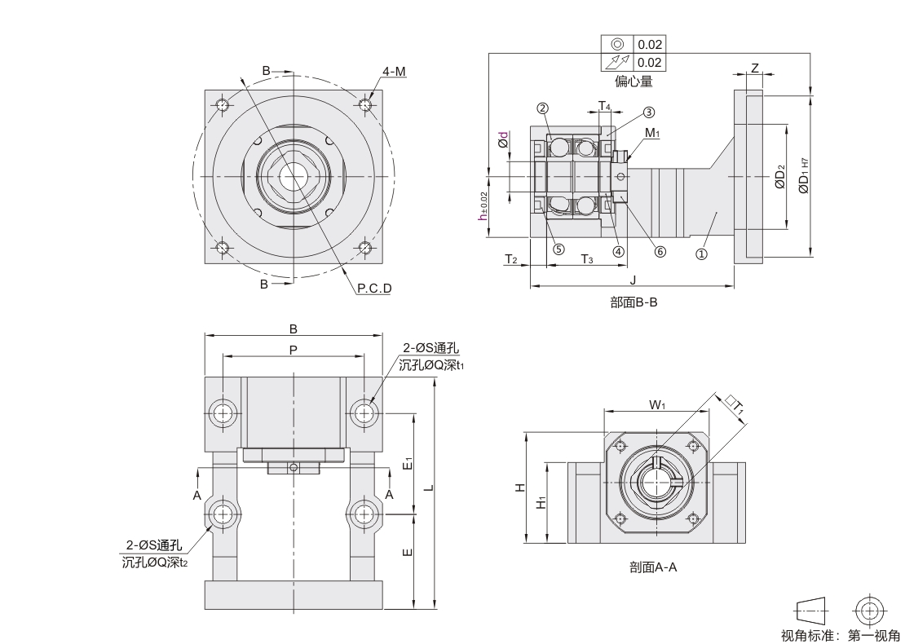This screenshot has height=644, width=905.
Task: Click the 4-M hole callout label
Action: tap(395, 72)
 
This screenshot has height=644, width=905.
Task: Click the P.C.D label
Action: tap(374, 288)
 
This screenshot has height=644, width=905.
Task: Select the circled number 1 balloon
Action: tap(701, 254)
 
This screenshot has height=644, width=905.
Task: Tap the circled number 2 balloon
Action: tap(541, 108)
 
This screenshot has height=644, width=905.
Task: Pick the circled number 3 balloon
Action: tap(649, 112)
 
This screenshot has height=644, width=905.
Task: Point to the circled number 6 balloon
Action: tap(659, 251)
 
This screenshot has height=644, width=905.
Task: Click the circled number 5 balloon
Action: tap(558, 250)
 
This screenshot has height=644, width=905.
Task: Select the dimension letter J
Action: tap(633, 280)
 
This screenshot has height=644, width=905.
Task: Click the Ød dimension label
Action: tap(504, 139)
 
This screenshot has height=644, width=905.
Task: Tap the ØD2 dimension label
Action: tap(780, 177)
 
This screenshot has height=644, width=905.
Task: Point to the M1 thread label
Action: tap(651, 132)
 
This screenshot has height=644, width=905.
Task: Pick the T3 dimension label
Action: tap(587, 259)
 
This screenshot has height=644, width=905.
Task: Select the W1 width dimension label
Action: tap(658, 404)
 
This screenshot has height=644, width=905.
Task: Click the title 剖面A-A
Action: tap(654, 568)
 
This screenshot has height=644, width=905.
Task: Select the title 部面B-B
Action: tap(633, 302)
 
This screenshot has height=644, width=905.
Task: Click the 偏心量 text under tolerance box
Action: tap(633, 82)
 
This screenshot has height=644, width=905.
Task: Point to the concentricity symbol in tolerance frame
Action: tap(617, 44)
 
